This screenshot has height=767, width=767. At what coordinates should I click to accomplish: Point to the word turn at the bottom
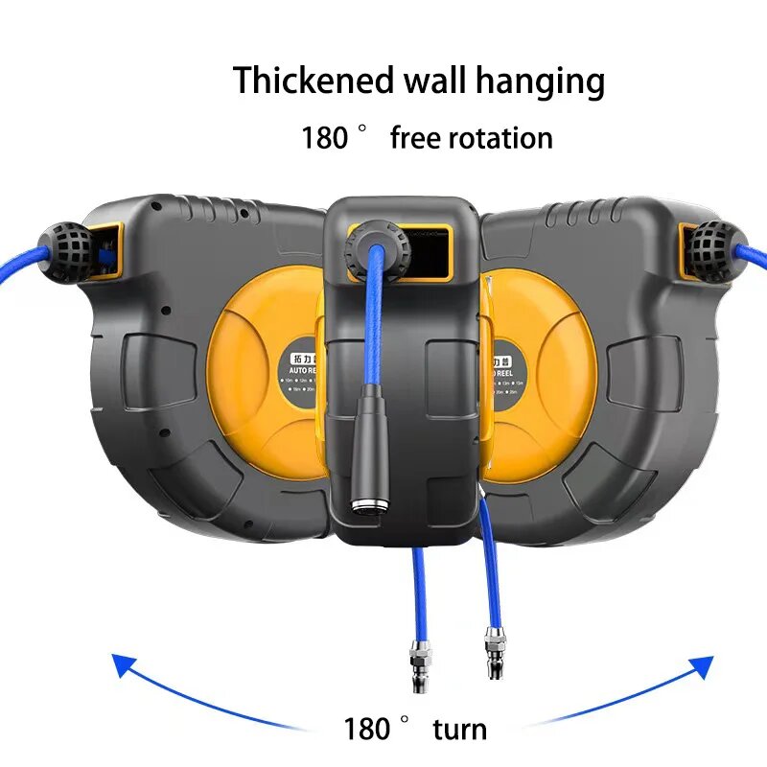coord(459,729)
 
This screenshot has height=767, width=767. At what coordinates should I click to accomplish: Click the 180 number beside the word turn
coord(367,729)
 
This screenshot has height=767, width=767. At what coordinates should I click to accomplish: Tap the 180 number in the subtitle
coord(324,137)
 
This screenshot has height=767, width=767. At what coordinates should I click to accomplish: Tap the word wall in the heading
coord(419,81)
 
